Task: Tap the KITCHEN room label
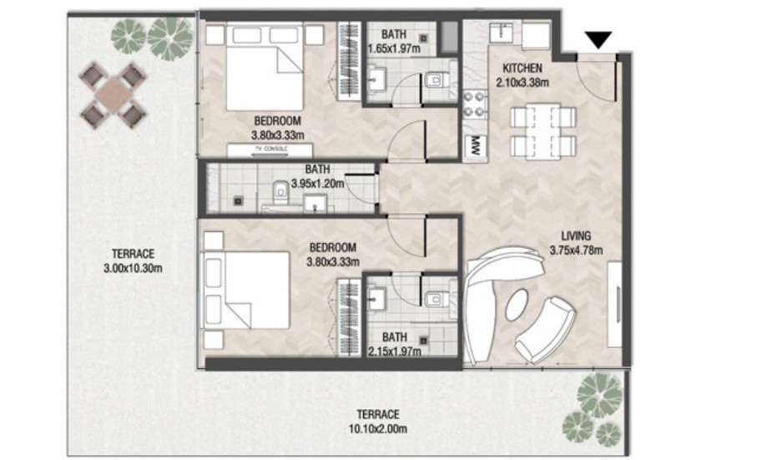click(522, 68)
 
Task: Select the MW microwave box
click(475, 145)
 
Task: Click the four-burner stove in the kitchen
click(475, 104)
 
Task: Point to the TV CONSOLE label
click(270, 149)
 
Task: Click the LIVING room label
click(577, 236)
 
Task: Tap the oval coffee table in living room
click(517, 305)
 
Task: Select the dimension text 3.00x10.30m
click(133, 268)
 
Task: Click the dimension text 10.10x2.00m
click(377, 429)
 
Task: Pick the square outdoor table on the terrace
click(113, 96)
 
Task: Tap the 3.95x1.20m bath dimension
click(317, 184)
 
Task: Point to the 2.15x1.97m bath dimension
click(394, 351)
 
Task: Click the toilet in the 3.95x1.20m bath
click(280, 192)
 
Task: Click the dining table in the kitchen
click(543, 131)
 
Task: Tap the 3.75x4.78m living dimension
click(577, 251)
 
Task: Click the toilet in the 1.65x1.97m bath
click(437, 80)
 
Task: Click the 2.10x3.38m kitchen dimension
click(522, 83)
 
